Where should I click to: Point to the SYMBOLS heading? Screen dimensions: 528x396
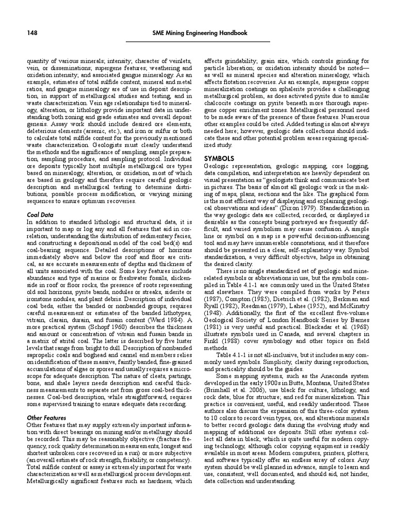coord(219,158)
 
